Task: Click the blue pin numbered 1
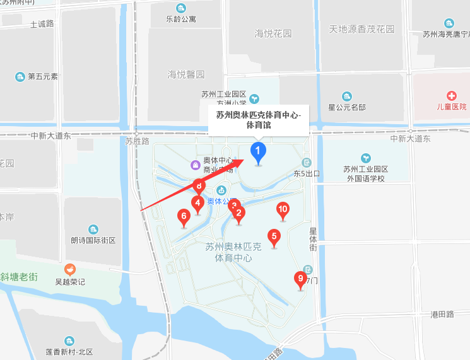click(x=258, y=151)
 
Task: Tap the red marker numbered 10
click(x=283, y=209)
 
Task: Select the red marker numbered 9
click(x=300, y=278)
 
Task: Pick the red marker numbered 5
click(x=274, y=237)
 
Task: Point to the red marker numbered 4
click(x=198, y=203)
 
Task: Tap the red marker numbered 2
click(x=238, y=213)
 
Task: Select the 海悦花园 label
click(x=273, y=33)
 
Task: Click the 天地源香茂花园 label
click(x=361, y=29)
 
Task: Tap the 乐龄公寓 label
click(x=181, y=19)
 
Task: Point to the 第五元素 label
click(x=43, y=77)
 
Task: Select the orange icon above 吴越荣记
click(x=69, y=269)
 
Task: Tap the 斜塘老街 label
click(x=19, y=276)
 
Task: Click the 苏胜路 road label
click(x=137, y=141)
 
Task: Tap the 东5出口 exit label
click(x=307, y=173)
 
